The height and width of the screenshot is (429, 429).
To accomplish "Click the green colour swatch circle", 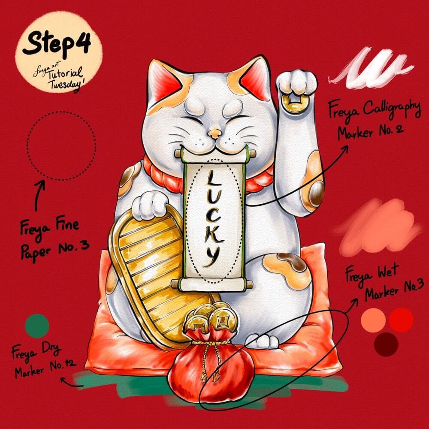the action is tap(37, 326).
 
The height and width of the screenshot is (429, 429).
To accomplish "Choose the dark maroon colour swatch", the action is tap(386, 344).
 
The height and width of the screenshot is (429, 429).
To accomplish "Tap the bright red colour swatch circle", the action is tap(401, 320).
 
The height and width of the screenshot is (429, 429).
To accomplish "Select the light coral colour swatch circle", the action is tap(373, 320).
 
